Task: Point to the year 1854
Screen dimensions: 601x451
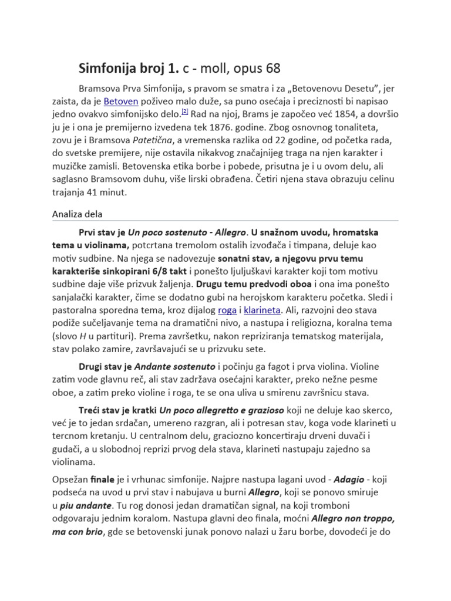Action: tap(321, 114)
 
